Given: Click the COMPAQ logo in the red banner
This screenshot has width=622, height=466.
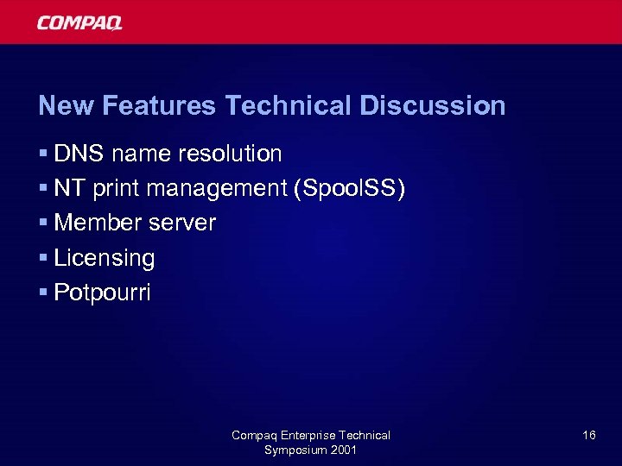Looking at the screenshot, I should click(x=79, y=22).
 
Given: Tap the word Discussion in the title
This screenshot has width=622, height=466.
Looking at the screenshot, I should click(x=432, y=106).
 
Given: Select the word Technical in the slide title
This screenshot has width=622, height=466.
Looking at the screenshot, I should click(x=288, y=106).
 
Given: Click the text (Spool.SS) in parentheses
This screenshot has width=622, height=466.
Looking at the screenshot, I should click(x=350, y=189).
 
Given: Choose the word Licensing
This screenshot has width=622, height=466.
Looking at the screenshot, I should click(x=104, y=258).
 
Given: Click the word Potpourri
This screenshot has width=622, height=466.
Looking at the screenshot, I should click(x=102, y=293).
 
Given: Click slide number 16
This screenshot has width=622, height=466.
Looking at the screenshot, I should click(x=589, y=436).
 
